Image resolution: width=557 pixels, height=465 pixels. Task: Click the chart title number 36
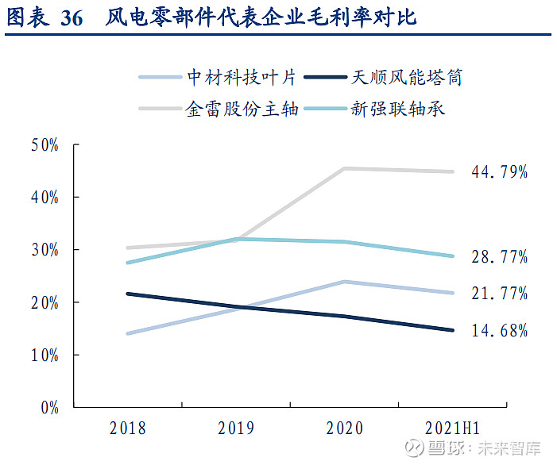72,18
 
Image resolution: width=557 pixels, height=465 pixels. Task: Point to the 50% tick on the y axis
45,145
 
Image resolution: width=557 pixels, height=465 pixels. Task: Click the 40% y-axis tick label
45,198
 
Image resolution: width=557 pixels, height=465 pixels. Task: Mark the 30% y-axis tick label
45,250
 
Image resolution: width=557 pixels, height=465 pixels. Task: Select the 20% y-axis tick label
45,302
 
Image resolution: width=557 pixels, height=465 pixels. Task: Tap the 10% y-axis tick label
45,355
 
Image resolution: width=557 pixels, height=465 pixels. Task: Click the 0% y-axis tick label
49,407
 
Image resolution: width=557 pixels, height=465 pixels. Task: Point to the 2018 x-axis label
128,428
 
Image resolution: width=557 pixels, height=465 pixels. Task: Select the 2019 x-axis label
236,428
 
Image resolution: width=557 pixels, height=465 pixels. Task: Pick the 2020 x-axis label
345,428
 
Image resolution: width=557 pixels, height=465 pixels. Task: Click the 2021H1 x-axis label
453,428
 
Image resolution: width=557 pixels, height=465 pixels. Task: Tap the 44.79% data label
498,171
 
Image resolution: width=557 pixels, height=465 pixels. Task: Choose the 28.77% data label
498,256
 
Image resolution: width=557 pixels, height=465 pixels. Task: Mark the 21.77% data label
498,294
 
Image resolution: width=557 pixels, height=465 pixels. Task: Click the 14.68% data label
498,330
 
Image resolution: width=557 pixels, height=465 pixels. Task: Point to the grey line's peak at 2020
345,168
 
